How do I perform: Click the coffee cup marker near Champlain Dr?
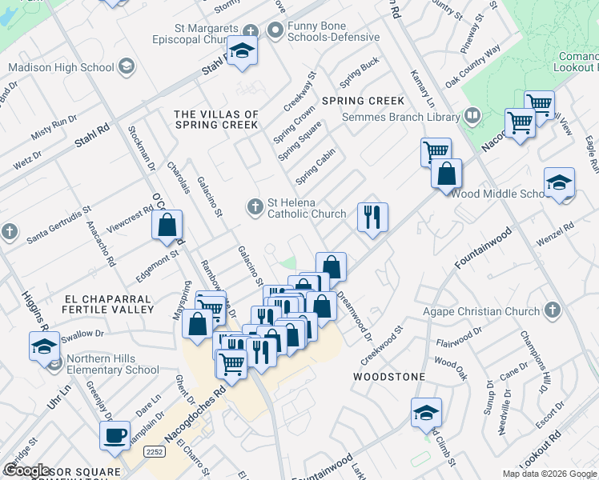pyautogui.click(x=115, y=436)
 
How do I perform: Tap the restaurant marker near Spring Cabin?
pyautogui.click(x=372, y=218)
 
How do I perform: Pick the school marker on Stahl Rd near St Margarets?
pyautogui.click(x=242, y=51)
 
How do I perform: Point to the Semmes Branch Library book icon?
pyautogui.click(x=472, y=117)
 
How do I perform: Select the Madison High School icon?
pyautogui.click(x=127, y=67)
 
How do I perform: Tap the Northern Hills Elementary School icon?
pyautogui.click(x=54, y=364)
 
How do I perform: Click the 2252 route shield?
pyautogui.click(x=155, y=452)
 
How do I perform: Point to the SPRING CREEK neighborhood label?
pyautogui.click(x=363, y=101)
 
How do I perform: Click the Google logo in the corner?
pyautogui.click(x=28, y=470)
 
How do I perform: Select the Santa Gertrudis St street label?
pyautogui.click(x=59, y=226)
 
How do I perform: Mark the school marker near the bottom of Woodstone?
pyautogui.click(x=426, y=413)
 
